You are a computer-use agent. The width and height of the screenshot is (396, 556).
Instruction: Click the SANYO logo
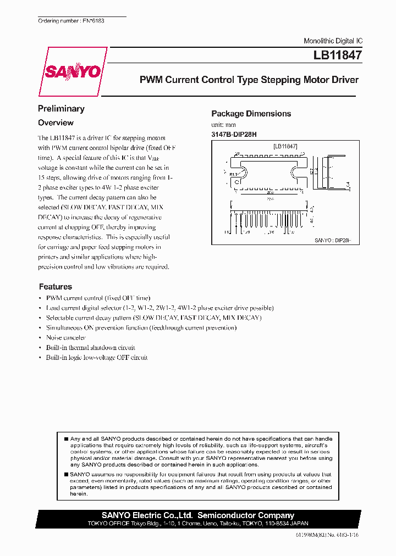click(x=73, y=72)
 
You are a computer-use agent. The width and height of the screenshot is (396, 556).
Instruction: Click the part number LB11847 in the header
click(x=337, y=55)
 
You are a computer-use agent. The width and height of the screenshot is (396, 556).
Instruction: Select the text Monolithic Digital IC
click(x=333, y=41)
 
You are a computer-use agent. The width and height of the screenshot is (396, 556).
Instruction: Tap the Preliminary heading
click(x=61, y=109)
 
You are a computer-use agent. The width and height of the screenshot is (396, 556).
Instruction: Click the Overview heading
click(x=56, y=123)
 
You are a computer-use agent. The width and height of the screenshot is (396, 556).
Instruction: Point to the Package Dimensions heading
click(x=251, y=114)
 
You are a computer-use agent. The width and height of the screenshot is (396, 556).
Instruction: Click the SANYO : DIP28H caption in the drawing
click(x=333, y=240)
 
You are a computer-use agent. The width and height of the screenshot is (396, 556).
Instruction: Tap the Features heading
click(x=56, y=287)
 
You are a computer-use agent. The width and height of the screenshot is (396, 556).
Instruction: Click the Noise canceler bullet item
click(x=66, y=338)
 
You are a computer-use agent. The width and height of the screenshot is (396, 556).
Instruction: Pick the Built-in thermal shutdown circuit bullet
click(x=91, y=348)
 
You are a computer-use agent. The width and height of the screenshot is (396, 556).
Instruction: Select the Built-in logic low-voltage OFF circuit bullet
click(x=97, y=358)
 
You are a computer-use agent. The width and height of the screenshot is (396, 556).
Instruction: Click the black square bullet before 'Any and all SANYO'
click(x=66, y=439)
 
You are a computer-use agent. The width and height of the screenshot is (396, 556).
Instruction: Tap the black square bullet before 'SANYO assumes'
click(x=66, y=474)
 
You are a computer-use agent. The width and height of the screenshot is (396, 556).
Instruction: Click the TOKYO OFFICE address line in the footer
click(x=198, y=524)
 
